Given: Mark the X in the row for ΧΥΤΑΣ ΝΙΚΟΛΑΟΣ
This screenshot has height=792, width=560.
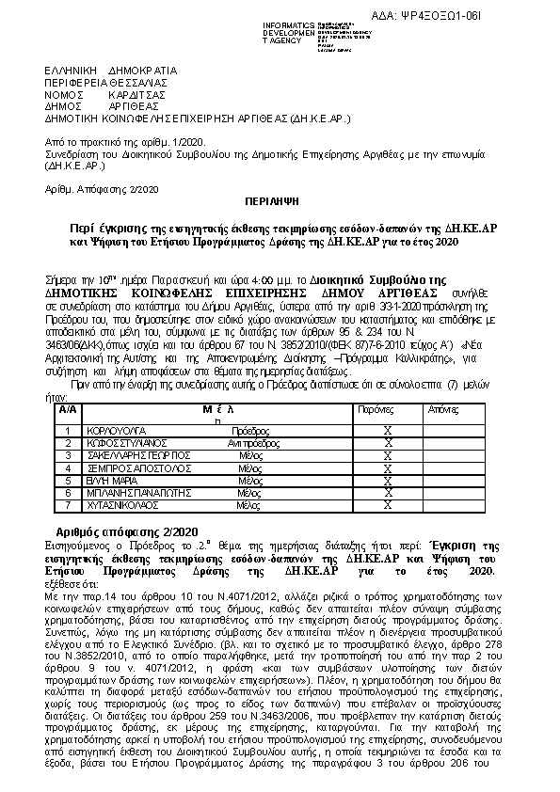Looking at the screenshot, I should (387, 505).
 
